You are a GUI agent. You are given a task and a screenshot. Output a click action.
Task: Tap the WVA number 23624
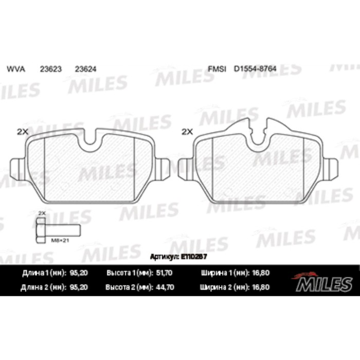click(84, 68)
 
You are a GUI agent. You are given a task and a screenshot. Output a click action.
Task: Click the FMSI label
click(217, 68)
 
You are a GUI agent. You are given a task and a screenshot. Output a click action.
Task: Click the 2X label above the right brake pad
click(187, 132)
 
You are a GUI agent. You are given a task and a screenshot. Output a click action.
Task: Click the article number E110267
click(193, 256)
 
